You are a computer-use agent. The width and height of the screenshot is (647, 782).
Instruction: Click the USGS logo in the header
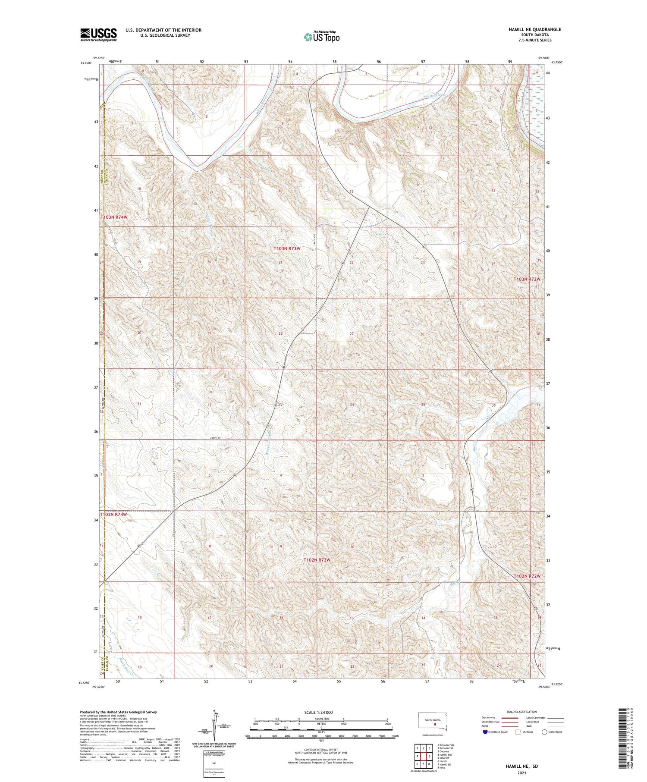pos(98,35)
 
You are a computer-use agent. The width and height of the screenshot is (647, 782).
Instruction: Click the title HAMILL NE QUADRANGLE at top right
pos(534,29)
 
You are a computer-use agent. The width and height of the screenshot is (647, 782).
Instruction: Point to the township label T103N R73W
pos(287,248)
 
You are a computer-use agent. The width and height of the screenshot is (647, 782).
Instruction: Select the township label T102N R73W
pos(317,560)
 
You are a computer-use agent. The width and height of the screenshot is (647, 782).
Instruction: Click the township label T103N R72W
pos(527,280)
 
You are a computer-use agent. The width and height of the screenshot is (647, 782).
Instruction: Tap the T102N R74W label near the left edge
pos(114,515)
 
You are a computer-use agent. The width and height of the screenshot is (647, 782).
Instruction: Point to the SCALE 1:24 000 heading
pos(319,712)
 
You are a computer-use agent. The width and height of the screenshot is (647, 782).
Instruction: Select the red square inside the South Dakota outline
pos(435,725)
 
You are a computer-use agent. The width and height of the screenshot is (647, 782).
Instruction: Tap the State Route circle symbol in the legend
pos(544,732)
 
